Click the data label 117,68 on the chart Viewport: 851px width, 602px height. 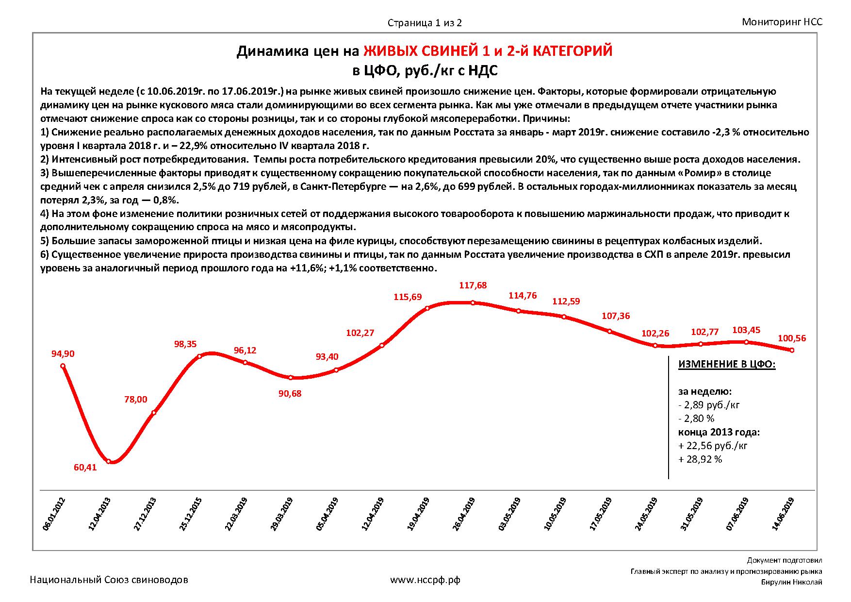[473, 285]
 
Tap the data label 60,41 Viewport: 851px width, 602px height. [85, 468]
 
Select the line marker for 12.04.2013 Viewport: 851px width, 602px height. [109, 461]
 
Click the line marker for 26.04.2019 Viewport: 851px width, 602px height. [473, 303]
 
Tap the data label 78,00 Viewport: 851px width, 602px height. [135, 400]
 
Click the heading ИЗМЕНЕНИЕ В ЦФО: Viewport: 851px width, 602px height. [726, 365]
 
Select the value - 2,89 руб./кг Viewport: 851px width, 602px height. [708, 405]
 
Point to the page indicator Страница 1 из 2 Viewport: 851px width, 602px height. [424, 23]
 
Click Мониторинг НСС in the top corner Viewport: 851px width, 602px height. [782, 22]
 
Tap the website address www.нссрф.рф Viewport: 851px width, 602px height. [425, 580]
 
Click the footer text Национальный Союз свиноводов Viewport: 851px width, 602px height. [109, 580]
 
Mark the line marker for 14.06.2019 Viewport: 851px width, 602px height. [792, 350]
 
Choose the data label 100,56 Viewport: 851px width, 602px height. [791, 338]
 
